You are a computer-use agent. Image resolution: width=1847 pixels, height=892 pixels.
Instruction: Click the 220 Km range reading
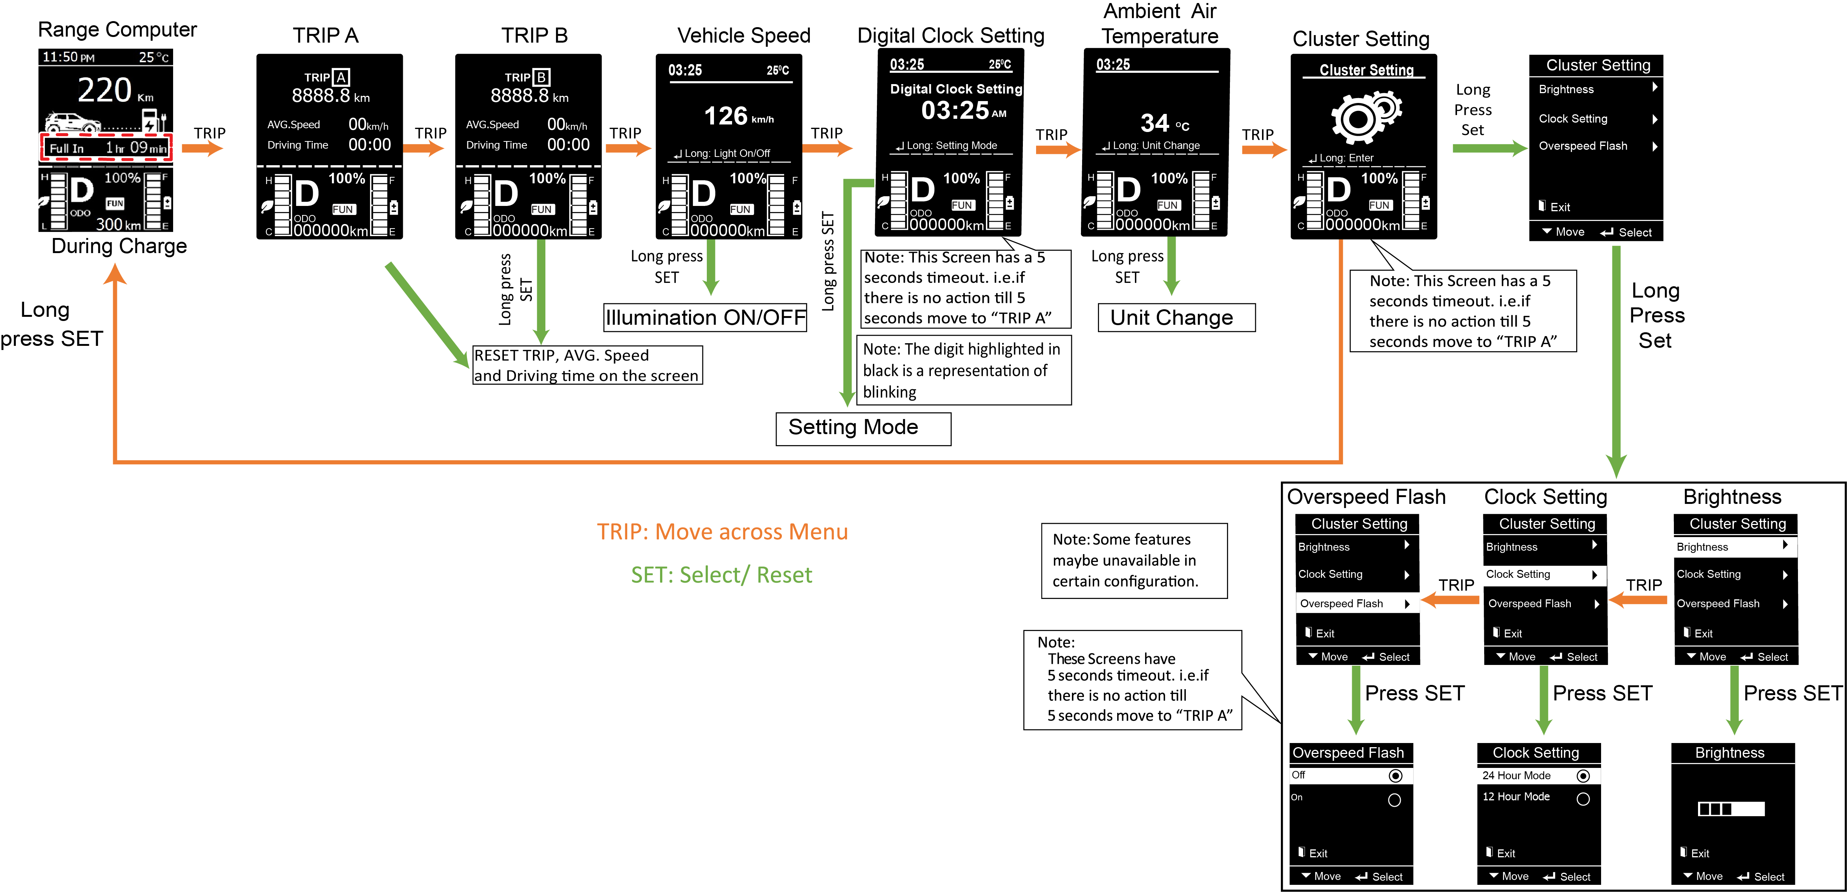click(x=115, y=91)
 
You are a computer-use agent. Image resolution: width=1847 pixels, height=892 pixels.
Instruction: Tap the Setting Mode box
click(x=863, y=428)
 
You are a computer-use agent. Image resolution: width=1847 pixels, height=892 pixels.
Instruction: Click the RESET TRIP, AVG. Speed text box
click(x=586, y=365)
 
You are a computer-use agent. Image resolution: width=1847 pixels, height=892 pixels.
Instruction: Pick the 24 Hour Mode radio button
click(x=1583, y=776)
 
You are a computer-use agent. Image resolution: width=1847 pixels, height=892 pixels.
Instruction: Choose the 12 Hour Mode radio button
click(x=1583, y=799)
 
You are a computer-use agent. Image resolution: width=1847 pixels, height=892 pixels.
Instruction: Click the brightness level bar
click(x=1730, y=809)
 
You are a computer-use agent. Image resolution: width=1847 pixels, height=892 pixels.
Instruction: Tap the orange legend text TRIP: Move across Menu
click(x=722, y=532)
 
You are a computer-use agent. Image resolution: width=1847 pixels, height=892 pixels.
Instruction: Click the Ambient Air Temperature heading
click(x=1159, y=24)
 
